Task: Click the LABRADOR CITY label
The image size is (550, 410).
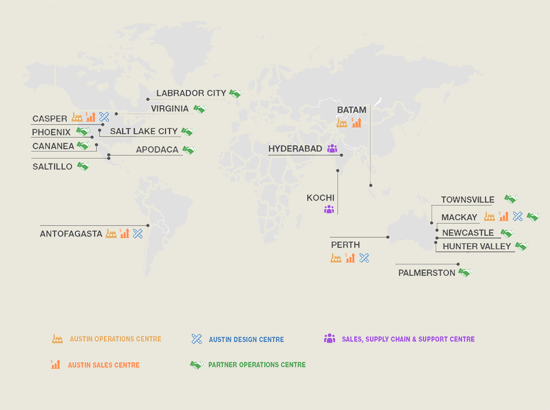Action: [x=191, y=93]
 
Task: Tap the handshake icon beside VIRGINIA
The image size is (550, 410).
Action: [x=200, y=109]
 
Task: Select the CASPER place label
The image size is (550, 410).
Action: [x=50, y=119]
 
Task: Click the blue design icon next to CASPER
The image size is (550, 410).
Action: [x=104, y=117]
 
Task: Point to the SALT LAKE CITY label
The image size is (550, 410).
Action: [x=143, y=131]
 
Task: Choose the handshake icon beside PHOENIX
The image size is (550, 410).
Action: [x=82, y=132]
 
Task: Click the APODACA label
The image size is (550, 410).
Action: [x=157, y=150]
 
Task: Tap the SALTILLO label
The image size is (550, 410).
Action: [x=52, y=167]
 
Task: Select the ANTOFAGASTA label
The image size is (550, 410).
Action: [x=71, y=234]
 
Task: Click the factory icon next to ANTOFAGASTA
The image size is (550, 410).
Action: [x=111, y=233]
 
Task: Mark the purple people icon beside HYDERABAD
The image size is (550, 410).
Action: [x=332, y=149]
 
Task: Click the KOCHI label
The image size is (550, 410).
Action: [x=321, y=198]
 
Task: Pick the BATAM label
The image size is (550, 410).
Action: [x=352, y=110]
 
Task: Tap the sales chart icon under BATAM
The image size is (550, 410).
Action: [x=357, y=123]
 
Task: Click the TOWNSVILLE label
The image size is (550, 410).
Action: [x=468, y=200]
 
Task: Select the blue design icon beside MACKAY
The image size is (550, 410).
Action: [x=518, y=217]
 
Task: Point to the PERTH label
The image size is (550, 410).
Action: [x=346, y=245]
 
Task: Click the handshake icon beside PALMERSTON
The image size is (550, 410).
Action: [x=464, y=272]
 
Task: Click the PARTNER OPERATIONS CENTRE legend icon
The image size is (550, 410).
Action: [x=196, y=365]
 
